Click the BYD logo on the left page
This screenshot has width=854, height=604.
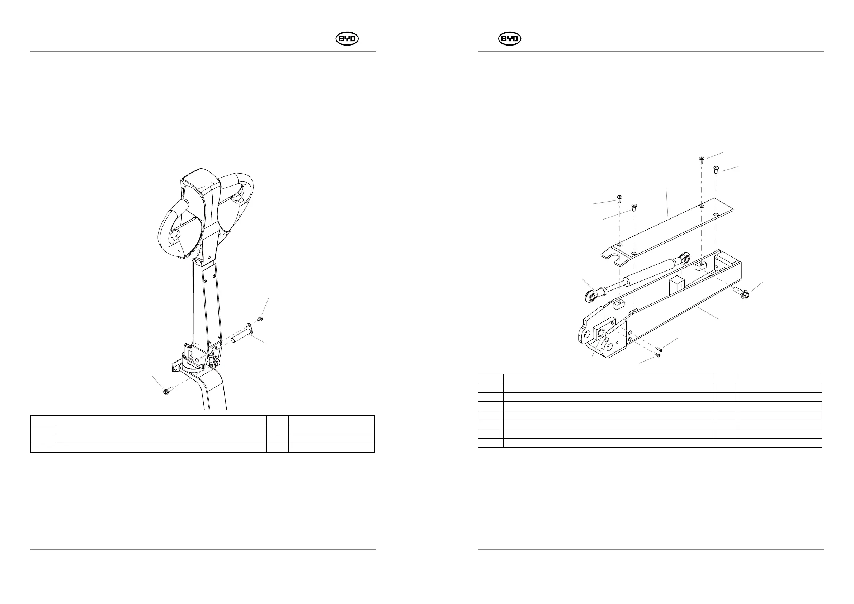tap(347, 39)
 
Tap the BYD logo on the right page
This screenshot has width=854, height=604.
tap(510, 39)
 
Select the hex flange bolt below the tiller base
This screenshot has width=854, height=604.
tap(166, 391)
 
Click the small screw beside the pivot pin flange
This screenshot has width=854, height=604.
tap(260, 318)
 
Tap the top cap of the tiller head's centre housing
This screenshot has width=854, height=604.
tap(199, 179)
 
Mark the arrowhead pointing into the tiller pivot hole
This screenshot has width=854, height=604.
tap(200, 357)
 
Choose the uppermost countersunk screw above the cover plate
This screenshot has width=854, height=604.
tap(701, 160)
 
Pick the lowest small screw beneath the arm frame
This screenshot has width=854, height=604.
tap(657, 355)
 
